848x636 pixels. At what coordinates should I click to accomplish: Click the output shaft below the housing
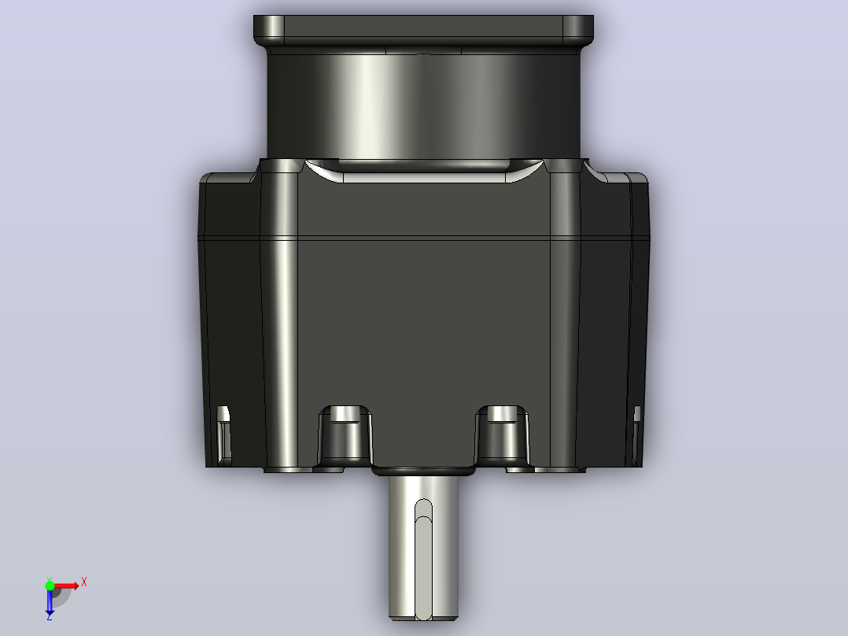click(x=423, y=547)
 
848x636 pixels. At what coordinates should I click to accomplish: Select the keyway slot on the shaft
click(x=423, y=559)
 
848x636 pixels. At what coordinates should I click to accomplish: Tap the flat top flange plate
click(x=423, y=31)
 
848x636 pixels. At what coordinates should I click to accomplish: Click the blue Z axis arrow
click(x=50, y=602)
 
